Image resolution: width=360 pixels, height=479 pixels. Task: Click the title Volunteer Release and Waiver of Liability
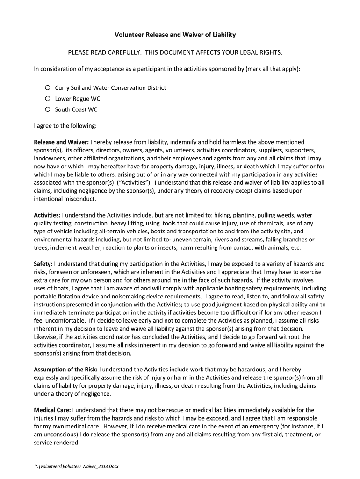coord(175,35)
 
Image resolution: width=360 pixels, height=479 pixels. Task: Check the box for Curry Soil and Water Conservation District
coord(48,87)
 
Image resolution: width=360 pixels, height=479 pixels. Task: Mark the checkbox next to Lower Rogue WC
coord(48,99)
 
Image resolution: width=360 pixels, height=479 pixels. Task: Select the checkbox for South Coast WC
coord(48,109)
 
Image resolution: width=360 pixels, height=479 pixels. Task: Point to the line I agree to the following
coord(65,126)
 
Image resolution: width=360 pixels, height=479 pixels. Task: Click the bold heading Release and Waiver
coord(61,142)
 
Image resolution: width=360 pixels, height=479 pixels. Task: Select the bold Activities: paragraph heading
coord(47,215)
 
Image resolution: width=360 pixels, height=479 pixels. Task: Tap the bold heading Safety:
coord(43,264)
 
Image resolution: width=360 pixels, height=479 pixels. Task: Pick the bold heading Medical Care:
coord(52,410)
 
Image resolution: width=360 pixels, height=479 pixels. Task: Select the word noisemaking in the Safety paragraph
coord(136,297)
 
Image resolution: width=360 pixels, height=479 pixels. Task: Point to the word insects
coord(169,247)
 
